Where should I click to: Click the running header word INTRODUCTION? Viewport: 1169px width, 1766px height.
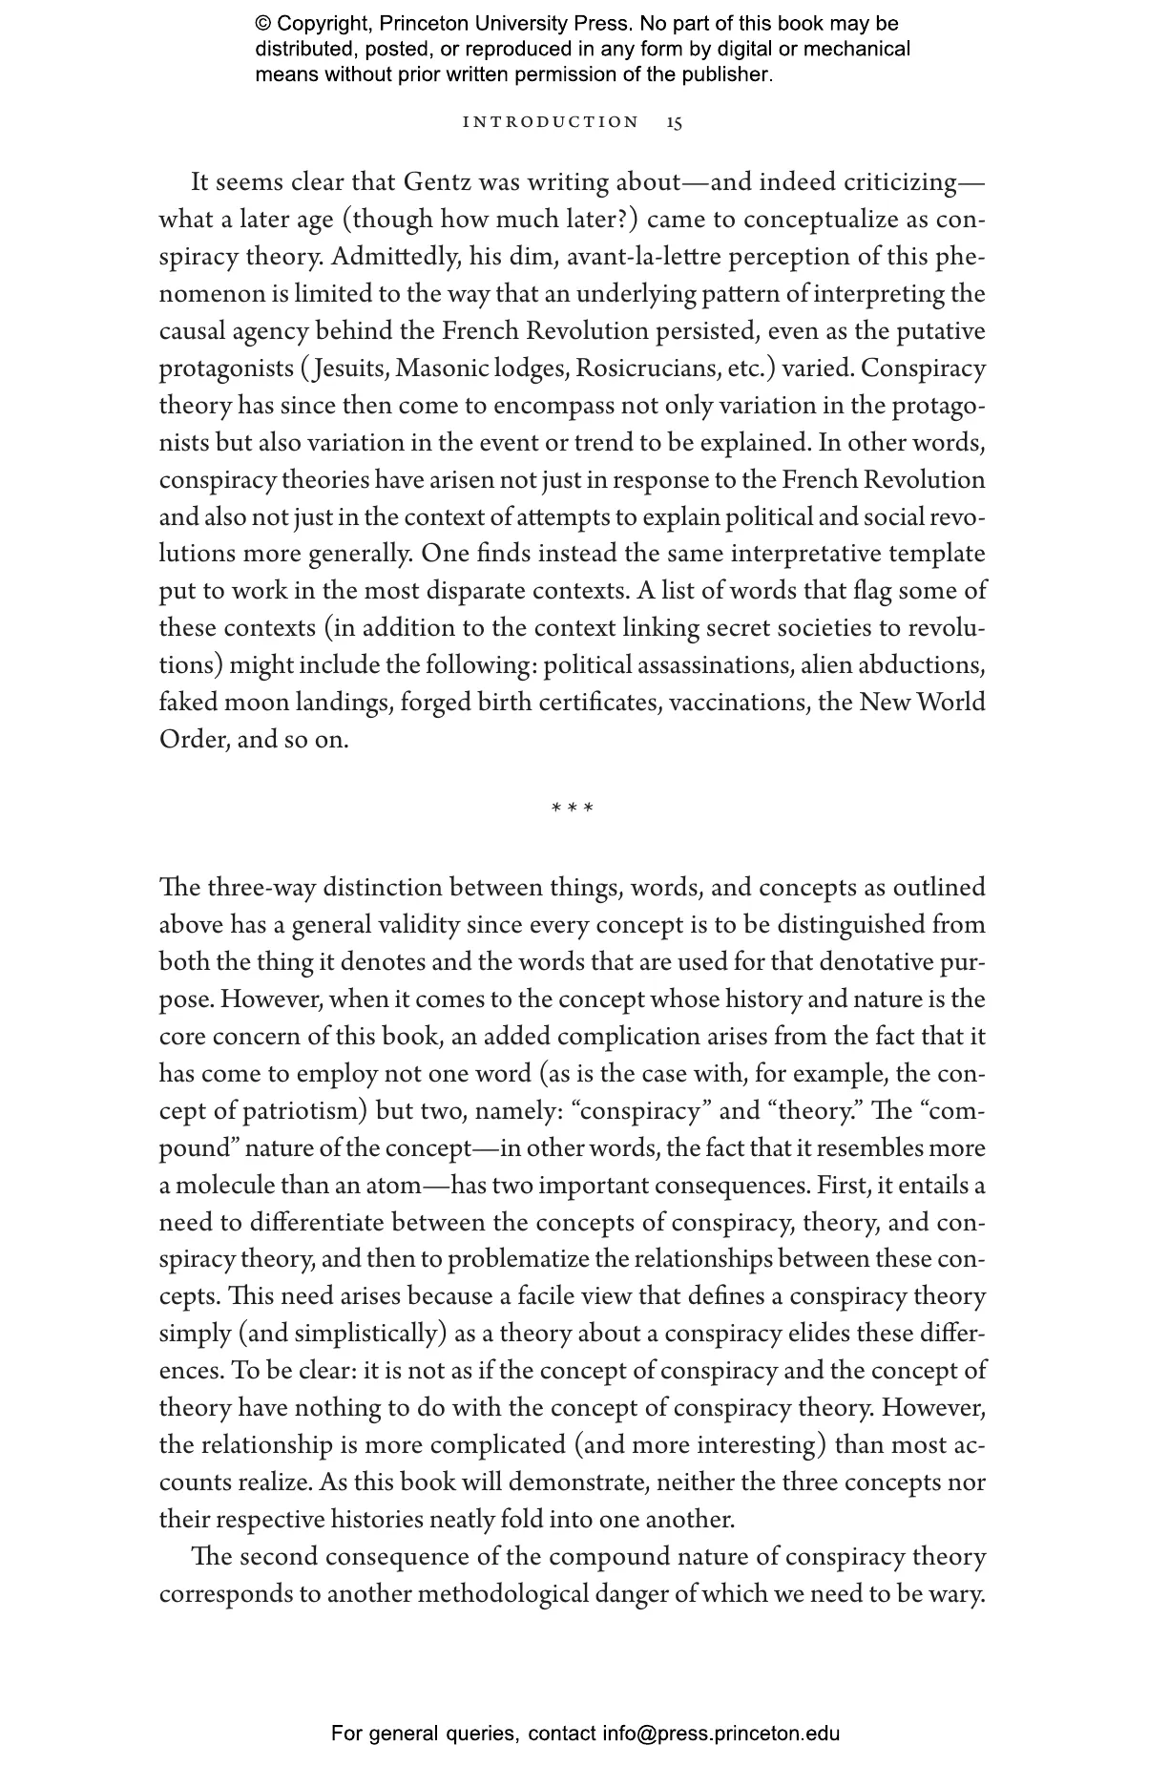[x=551, y=122]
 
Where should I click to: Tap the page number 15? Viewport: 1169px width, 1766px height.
[x=675, y=122]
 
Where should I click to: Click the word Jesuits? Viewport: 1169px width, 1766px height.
[x=349, y=368]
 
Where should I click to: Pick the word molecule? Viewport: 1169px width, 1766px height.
[x=223, y=1186]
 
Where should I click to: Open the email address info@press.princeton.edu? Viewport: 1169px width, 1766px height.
[x=720, y=1734]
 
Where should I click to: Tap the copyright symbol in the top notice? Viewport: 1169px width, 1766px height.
[x=263, y=24]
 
